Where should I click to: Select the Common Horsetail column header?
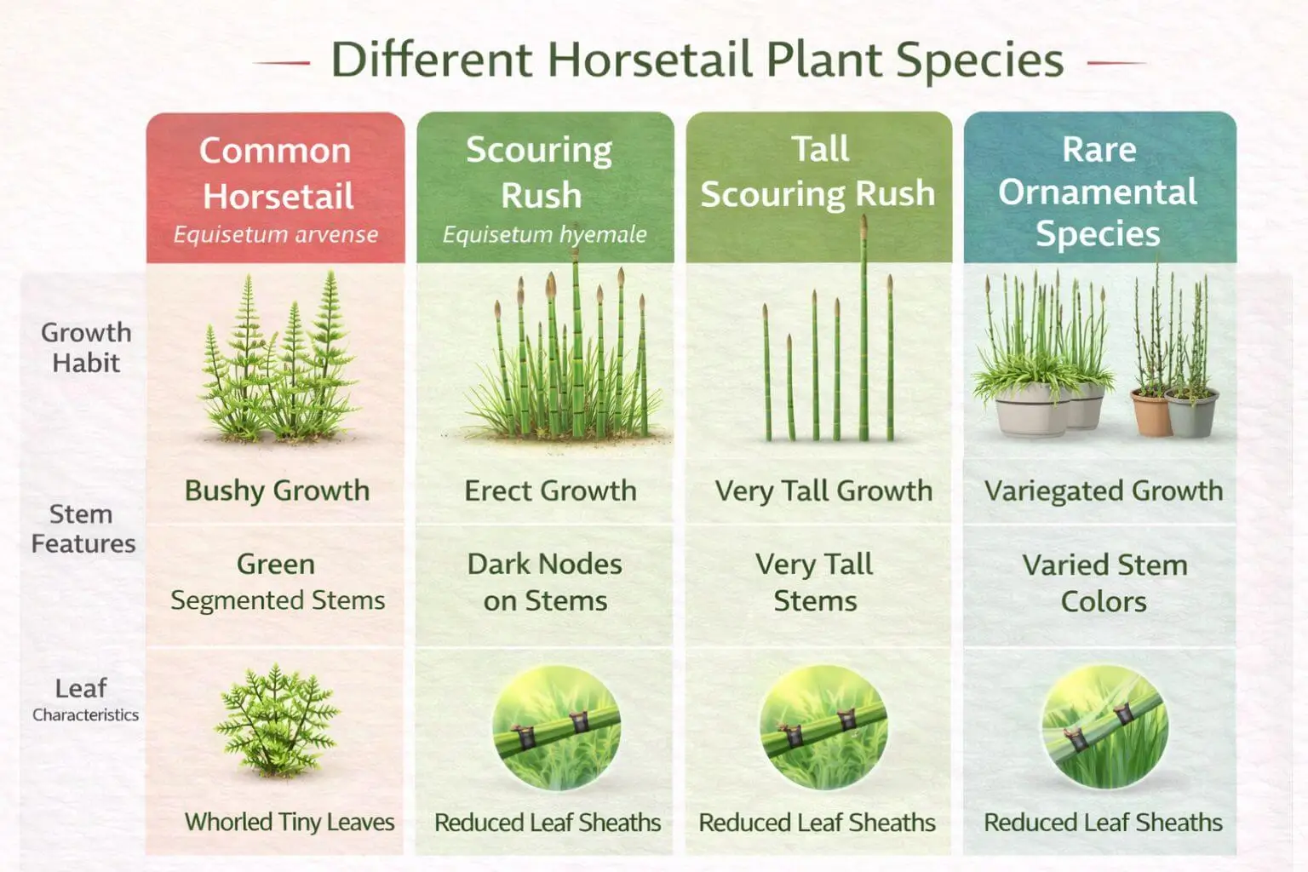click(x=276, y=173)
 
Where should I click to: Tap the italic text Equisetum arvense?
click(x=276, y=234)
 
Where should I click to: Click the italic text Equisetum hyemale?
click(x=544, y=234)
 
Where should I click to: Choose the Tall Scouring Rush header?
click(x=818, y=171)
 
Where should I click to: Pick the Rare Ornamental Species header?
click(x=1099, y=192)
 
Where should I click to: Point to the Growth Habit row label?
click(x=85, y=347)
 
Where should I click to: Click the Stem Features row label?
click(x=83, y=529)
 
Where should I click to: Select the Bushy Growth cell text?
click(x=277, y=490)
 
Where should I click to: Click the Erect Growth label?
click(x=550, y=490)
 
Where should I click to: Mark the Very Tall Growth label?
click(x=823, y=490)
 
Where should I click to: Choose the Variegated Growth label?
click(x=1103, y=490)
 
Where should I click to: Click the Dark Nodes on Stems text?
click(x=545, y=582)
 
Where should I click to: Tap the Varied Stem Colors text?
click(x=1104, y=582)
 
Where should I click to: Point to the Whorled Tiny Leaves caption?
click(x=290, y=822)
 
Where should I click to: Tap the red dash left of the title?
click(x=282, y=63)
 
